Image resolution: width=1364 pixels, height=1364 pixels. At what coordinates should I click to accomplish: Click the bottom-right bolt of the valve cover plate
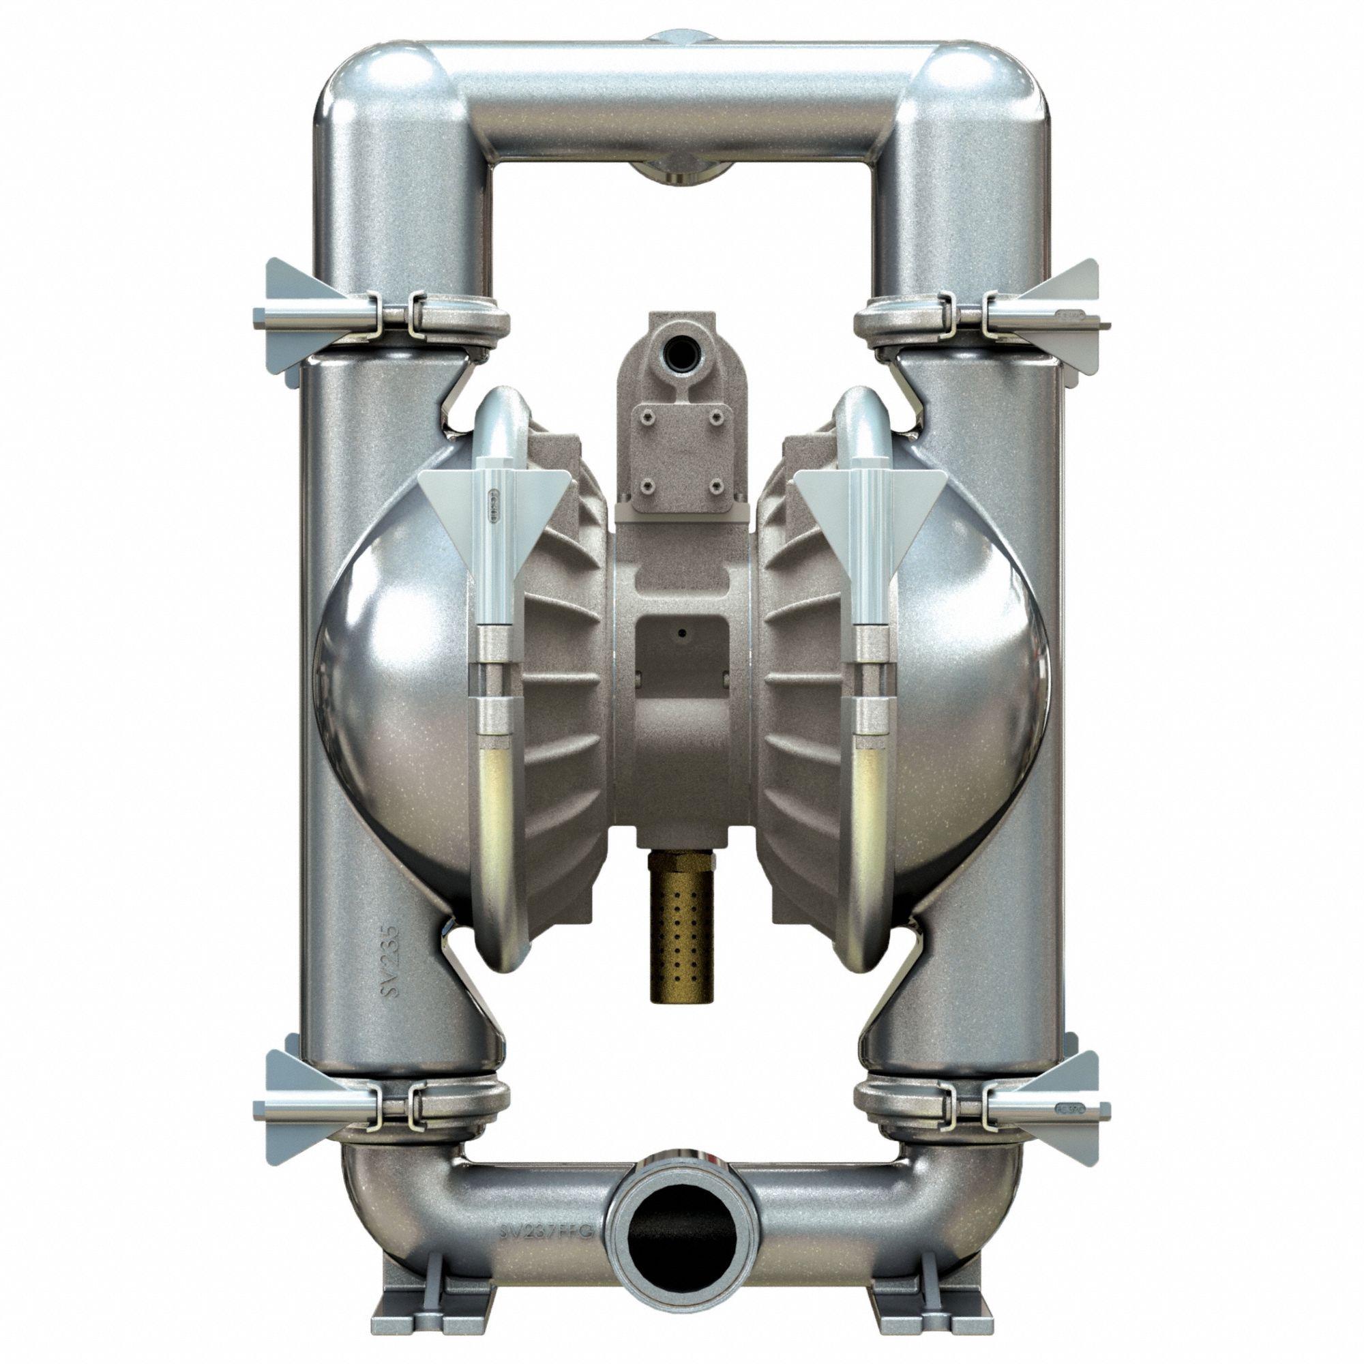pyautogui.click(x=718, y=486)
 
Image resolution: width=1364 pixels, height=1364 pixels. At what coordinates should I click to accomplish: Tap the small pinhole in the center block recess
pyautogui.click(x=683, y=634)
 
